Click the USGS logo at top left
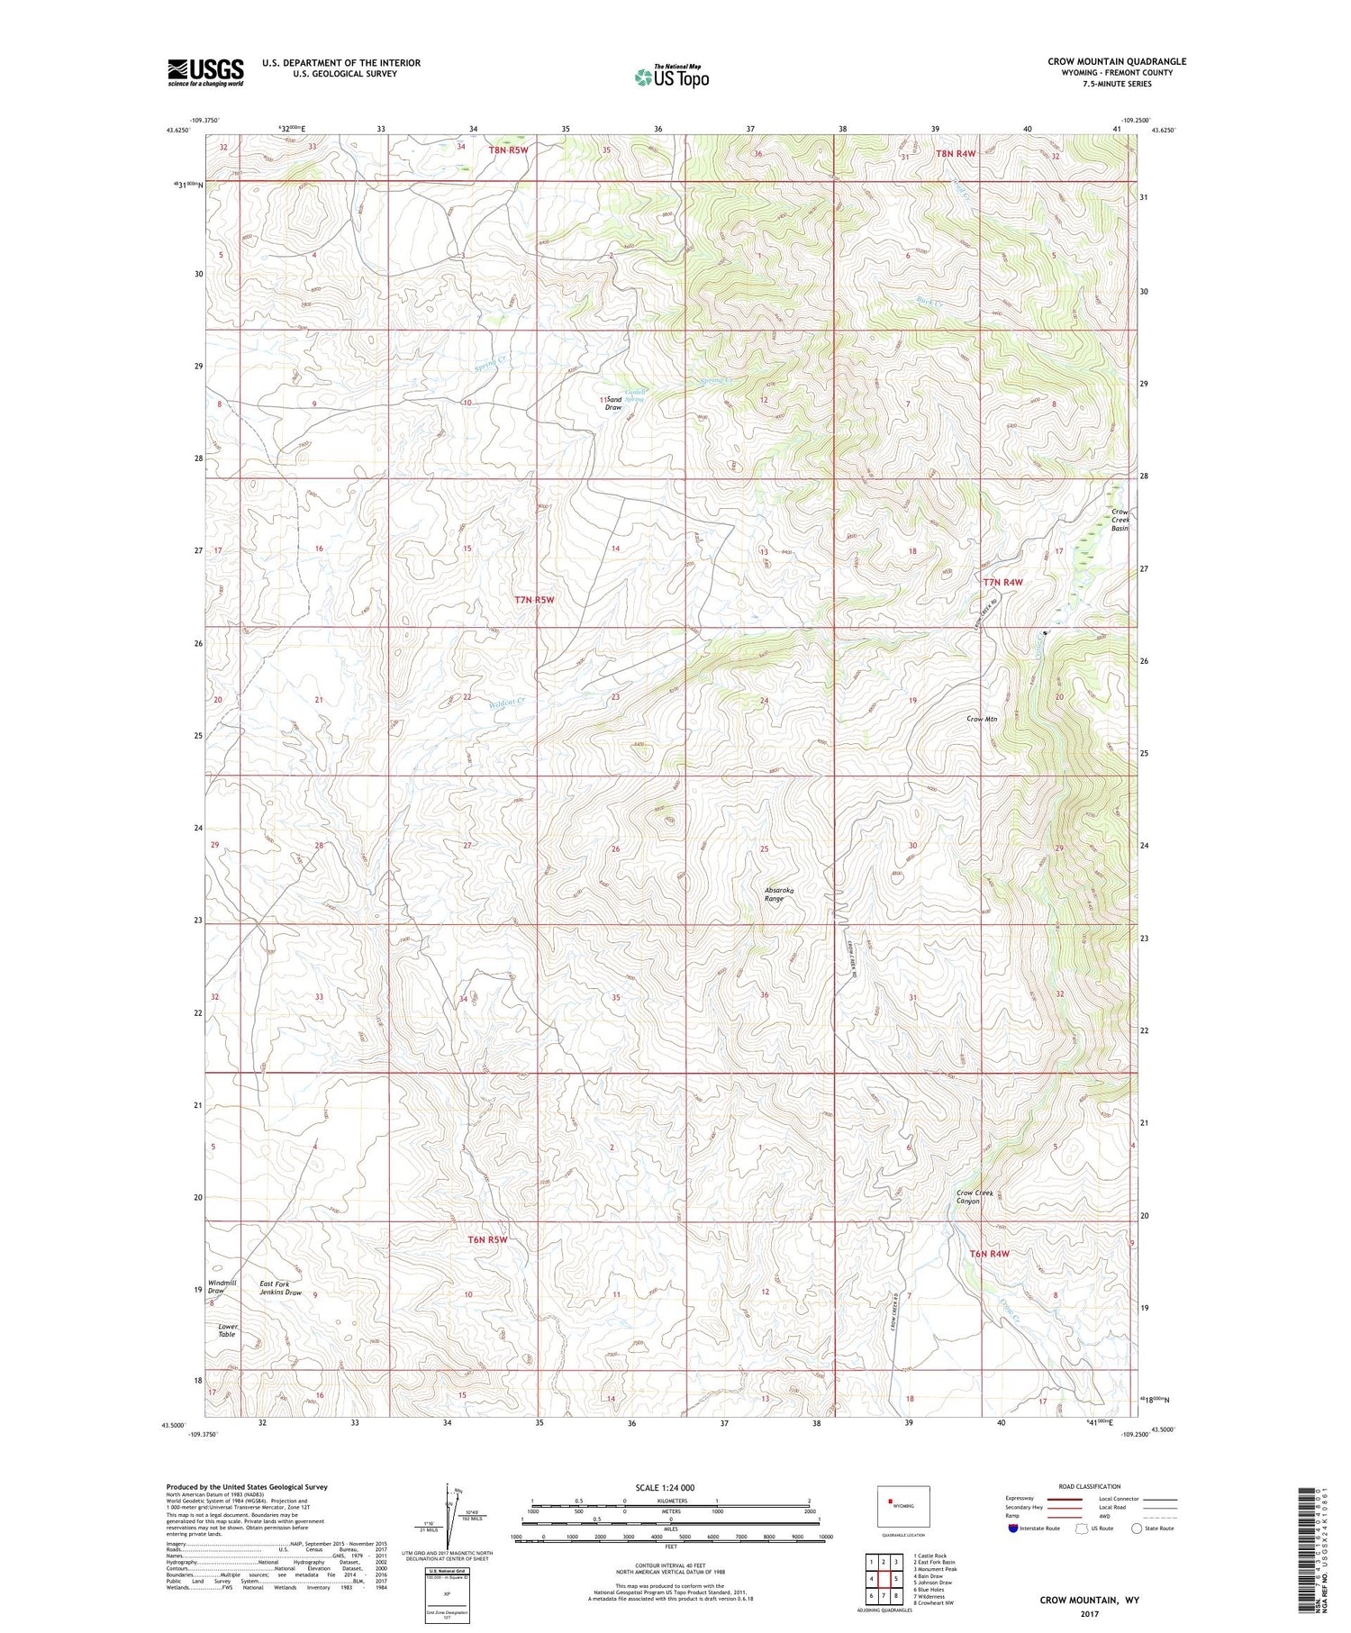click(205, 72)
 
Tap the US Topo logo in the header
click(671, 77)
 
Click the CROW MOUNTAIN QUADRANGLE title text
click(1116, 61)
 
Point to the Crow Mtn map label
click(982, 719)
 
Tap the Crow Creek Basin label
click(1120, 520)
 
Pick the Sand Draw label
click(613, 403)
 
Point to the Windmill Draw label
click(221, 1286)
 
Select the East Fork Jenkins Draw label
click(280, 1287)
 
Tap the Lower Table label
click(226, 1329)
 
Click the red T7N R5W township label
click(534, 599)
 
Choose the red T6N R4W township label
click(989, 1254)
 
